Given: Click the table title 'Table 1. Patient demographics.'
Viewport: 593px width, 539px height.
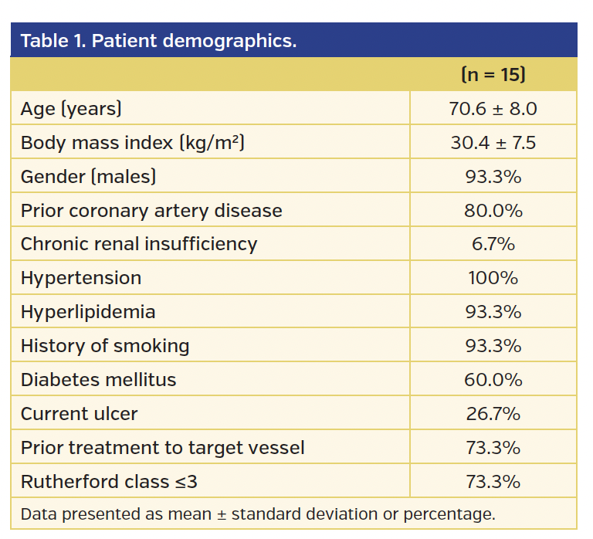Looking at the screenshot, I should coord(158,41).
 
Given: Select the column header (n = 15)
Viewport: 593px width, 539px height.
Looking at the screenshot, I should coord(493,75).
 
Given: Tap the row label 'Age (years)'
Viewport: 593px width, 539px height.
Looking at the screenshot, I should coord(71,109).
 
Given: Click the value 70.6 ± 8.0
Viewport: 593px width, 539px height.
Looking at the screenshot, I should coord(493,109).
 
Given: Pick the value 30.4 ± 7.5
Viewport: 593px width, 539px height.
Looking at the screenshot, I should coord(493,143).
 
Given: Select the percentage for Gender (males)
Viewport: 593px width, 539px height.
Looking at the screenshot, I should coord(493,177).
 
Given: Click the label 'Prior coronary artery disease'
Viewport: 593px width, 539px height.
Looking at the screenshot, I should coord(151,211).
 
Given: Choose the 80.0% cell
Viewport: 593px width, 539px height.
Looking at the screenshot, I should coord(493,211).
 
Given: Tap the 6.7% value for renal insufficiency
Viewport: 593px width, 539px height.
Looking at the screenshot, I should coord(493,244).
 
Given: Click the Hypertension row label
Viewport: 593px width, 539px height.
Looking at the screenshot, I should coord(81,278).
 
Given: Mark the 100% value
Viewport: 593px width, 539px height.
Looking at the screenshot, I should coord(493,278).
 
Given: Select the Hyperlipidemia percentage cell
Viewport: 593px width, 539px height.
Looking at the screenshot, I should coord(493,312).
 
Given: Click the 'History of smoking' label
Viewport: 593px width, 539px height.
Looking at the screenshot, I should coord(105,346).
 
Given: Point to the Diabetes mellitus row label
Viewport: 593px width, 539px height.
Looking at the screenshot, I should coord(98,380).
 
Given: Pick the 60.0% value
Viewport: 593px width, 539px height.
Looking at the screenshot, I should coord(493,380).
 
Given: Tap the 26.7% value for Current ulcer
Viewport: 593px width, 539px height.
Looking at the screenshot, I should coord(493,414).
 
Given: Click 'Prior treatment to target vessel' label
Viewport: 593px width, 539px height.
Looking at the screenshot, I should coord(162,448).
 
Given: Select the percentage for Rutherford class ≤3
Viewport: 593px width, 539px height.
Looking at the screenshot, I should coord(493,482).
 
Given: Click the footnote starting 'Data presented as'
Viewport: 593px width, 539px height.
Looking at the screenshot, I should coord(258,514).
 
